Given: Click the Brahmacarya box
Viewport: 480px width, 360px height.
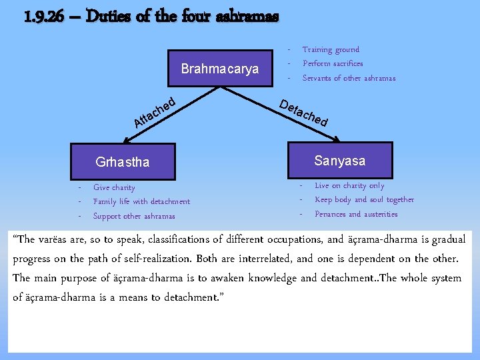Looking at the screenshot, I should coord(220,69).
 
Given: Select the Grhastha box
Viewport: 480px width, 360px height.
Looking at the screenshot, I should coord(123,161).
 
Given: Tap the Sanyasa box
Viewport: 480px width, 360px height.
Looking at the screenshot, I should coord(339,161).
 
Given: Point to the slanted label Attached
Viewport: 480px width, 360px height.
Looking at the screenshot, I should coord(155,112).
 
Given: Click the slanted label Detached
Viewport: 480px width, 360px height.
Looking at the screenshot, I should coord(303,113).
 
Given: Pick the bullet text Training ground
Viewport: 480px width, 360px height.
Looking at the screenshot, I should coord(331,49).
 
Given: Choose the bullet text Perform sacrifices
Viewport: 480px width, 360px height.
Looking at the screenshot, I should coord(333,63).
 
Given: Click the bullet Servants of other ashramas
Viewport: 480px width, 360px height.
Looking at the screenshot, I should coord(349,78).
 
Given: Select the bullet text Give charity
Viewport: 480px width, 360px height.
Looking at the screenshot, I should coord(114,187).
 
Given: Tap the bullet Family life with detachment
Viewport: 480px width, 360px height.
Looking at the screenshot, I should coord(141,201).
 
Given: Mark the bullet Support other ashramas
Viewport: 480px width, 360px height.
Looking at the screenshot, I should coord(134,216).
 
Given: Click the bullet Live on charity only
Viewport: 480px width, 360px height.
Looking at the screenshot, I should coord(349,185).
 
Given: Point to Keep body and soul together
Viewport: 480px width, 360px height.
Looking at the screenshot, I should coord(364,199).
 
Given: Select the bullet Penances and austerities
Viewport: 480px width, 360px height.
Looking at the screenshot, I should coord(356,214).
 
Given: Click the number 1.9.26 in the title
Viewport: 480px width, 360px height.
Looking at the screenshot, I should coord(44,15).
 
